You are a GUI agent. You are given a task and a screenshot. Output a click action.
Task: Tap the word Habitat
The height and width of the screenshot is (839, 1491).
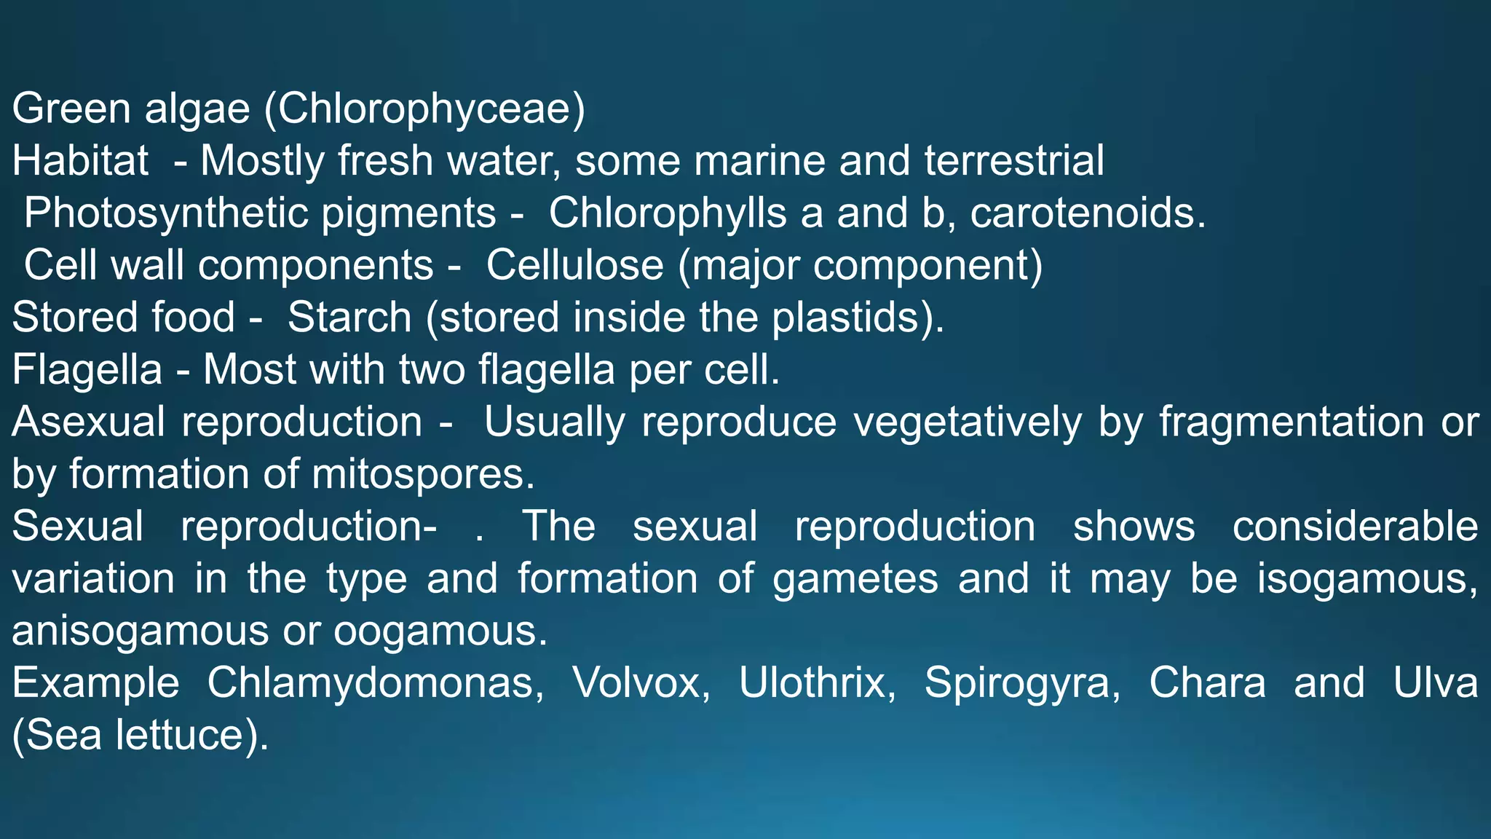[80, 161]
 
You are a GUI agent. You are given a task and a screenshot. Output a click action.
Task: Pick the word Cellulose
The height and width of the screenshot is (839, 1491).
[574, 265]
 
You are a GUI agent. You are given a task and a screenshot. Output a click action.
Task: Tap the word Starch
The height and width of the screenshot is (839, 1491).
[349, 318]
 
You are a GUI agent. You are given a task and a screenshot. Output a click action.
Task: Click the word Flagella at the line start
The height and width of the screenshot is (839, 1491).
[87, 370]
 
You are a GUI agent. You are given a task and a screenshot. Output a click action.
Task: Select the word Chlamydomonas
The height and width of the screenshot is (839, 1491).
[374, 684]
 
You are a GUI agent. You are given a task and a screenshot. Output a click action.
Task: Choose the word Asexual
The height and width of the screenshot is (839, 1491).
[88, 422]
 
